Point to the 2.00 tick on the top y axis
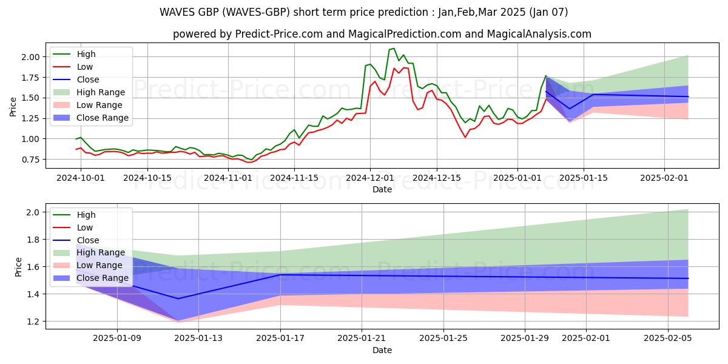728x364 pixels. click(x=30, y=57)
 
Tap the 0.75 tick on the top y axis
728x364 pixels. click(x=30, y=160)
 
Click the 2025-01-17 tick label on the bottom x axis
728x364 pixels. click(x=280, y=339)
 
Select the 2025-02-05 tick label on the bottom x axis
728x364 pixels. click(x=667, y=339)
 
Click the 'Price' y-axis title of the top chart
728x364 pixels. click(x=13, y=106)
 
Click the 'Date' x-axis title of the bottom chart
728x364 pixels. click(x=382, y=350)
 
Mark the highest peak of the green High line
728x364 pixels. click(x=394, y=49)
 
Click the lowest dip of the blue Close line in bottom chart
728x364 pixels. click(x=178, y=298)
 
